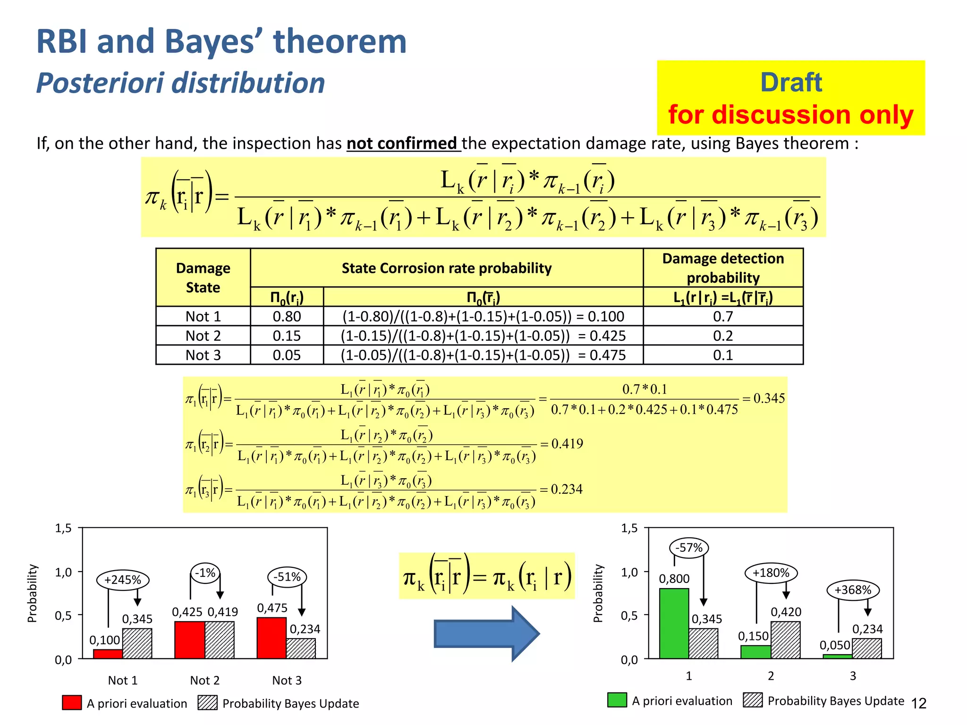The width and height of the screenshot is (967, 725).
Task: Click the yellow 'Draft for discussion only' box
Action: tap(790, 98)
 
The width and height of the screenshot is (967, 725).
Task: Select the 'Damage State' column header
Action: tap(203, 278)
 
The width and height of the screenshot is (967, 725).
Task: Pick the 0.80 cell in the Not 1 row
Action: tap(287, 316)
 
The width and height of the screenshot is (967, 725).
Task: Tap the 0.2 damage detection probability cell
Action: tap(722, 336)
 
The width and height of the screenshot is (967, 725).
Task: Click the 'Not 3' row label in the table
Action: tap(203, 355)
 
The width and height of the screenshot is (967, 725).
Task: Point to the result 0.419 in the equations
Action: tap(567, 444)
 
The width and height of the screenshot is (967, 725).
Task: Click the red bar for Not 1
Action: tap(108, 654)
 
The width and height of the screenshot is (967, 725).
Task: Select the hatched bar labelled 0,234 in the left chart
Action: tap(301, 648)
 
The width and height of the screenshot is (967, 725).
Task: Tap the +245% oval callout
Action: tap(123, 580)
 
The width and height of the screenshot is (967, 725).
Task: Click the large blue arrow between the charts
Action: tap(486, 633)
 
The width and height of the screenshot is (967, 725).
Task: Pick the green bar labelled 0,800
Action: tap(674, 623)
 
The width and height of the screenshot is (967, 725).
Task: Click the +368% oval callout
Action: tap(853, 590)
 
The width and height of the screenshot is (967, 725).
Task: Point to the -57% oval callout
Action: tap(689, 548)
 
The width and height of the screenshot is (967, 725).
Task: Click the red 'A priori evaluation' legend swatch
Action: tap(71, 703)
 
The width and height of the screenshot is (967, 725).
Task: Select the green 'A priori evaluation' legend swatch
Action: tap(617, 700)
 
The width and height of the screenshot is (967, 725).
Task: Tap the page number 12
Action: tap(918, 704)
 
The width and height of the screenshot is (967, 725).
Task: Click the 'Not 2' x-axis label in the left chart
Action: tap(204, 680)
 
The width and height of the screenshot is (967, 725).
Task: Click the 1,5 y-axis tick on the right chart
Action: tap(629, 528)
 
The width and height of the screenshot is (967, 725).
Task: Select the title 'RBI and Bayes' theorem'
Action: tap(221, 42)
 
